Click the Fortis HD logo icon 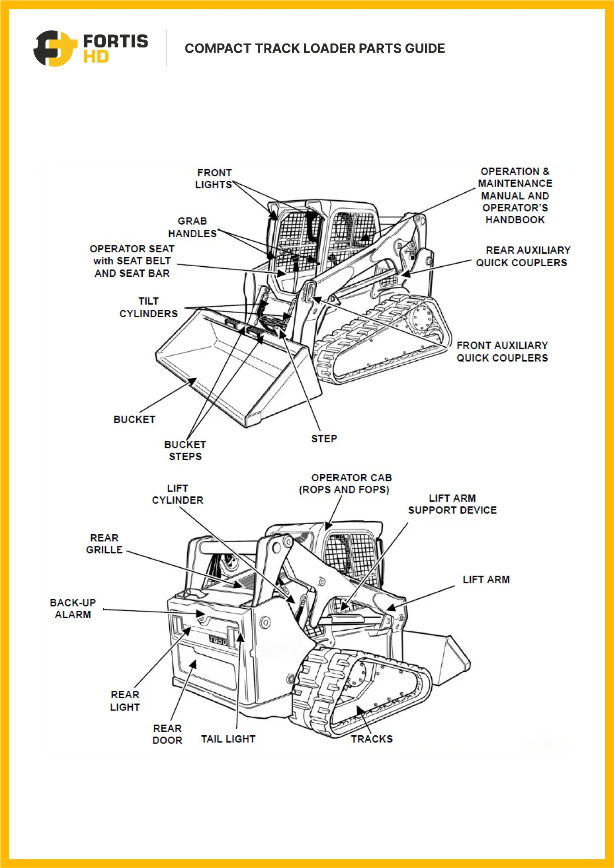point(53,48)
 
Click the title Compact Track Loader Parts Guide point(315,48)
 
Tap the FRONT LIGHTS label point(214,179)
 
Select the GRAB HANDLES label point(192,228)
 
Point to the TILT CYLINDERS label point(148,307)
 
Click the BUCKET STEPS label point(185,450)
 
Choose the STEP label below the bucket point(324,439)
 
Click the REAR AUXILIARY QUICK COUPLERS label point(522,256)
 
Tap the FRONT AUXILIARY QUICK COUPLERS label point(502,352)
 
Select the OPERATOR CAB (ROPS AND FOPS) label point(345,483)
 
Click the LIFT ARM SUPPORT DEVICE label point(452,504)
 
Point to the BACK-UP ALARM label point(73,609)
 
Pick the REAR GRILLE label point(104,544)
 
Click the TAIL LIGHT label point(228,739)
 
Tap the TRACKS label point(372,739)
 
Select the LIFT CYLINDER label point(178,494)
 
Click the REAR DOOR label point(168,734)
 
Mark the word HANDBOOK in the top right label point(515,220)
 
